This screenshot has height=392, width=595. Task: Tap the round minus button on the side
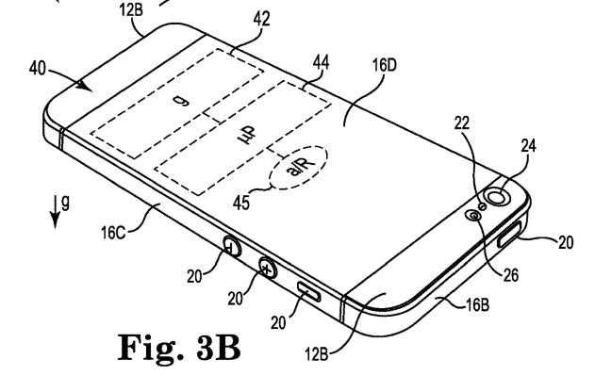coord(231,249)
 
